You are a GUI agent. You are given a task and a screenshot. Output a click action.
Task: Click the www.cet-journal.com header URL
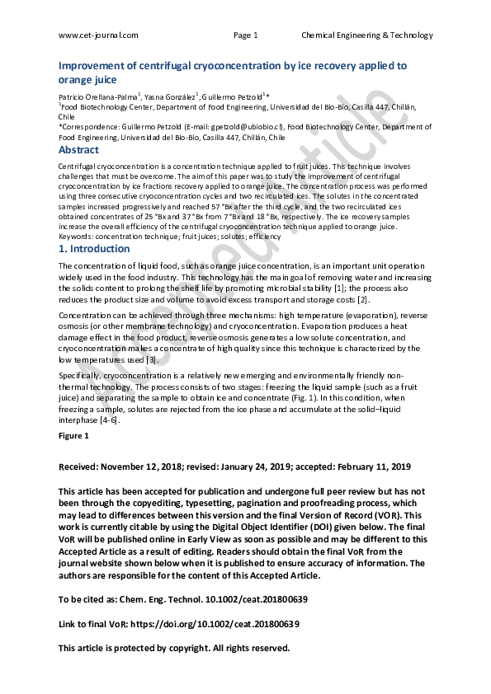pyautogui.click(x=98, y=35)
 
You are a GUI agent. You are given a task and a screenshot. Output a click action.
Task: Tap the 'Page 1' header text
pyautogui.click(x=246, y=35)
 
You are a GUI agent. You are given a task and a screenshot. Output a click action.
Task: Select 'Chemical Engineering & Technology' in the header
pyautogui.click(x=366, y=35)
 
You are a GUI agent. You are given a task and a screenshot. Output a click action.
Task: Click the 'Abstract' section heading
pyautogui.click(x=79, y=150)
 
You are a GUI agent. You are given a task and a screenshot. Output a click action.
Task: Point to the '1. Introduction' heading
pyautogui.click(x=91, y=247)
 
